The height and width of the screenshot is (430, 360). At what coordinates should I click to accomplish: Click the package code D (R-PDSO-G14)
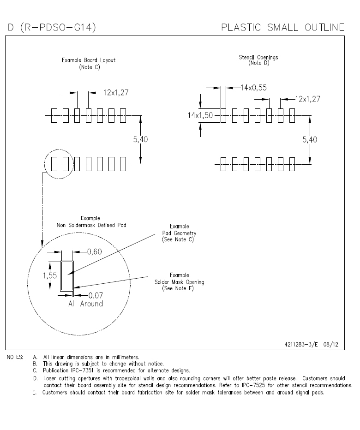pos(51,28)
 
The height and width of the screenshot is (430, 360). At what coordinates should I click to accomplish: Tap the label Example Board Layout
pos(89,60)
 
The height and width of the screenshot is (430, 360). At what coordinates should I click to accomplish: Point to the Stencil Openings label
pos(258,58)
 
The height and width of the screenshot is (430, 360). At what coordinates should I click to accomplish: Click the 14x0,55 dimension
pos(253,87)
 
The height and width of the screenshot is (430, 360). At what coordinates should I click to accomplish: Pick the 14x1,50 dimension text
pos(200,115)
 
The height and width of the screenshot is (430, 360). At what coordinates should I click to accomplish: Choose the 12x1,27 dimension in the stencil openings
pos(307,99)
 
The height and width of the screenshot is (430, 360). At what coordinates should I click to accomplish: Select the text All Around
pos(85,304)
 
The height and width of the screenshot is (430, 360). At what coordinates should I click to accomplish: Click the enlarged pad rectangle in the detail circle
pos(67,275)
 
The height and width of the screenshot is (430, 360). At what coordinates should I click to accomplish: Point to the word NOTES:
pos(16,357)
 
